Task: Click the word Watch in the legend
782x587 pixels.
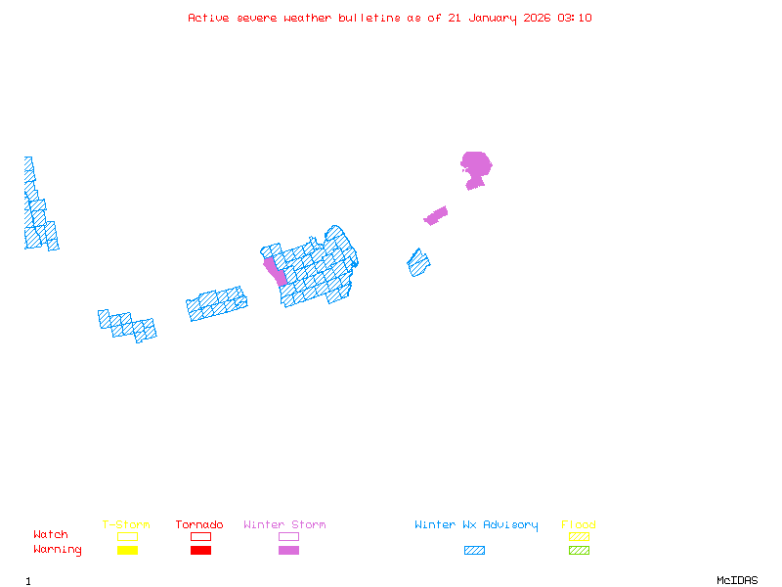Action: click(x=51, y=535)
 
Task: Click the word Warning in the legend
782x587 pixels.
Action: click(x=58, y=550)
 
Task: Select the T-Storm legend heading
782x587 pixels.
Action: click(x=126, y=525)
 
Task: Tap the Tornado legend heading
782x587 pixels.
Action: click(x=199, y=525)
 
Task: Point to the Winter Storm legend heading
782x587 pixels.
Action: click(x=284, y=525)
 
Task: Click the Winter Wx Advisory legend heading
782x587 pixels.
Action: click(x=476, y=525)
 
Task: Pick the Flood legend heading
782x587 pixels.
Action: click(x=579, y=525)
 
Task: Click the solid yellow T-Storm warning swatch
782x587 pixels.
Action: click(x=127, y=551)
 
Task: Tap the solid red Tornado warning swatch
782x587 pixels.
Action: click(x=200, y=551)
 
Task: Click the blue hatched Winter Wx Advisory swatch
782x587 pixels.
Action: click(x=474, y=551)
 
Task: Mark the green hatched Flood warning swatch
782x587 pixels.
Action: click(x=579, y=551)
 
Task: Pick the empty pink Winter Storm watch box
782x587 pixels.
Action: click(x=288, y=536)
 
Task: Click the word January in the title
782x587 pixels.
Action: click(x=482, y=18)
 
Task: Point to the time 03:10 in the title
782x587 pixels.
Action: click(x=575, y=18)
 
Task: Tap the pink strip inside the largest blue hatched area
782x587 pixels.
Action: click(x=274, y=270)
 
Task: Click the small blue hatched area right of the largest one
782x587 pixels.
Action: click(x=418, y=262)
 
